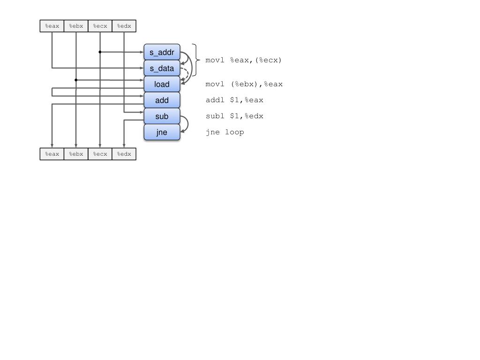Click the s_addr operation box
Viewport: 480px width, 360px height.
[162, 52]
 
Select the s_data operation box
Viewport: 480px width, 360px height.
[162, 68]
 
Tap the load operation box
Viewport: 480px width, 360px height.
[162, 84]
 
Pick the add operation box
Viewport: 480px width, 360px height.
[162, 100]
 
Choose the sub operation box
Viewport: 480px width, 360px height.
[162, 116]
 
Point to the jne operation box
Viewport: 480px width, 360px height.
[162, 132]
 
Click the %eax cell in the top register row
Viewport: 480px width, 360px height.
[52, 26]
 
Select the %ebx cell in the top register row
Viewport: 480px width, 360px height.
[76, 26]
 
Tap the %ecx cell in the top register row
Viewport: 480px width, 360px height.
[100, 26]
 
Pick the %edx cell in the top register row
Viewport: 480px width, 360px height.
[124, 26]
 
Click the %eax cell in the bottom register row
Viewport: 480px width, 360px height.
[52, 154]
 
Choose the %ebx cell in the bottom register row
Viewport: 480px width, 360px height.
[76, 154]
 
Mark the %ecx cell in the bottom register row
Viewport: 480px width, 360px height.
[100, 154]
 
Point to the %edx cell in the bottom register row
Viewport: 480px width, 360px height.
[124, 154]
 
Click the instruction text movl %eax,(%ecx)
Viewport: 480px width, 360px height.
[244, 60]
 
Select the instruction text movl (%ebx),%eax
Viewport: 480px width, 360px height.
[244, 84]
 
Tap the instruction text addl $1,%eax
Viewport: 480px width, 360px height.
[234, 100]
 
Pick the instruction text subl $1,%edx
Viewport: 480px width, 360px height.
[234, 116]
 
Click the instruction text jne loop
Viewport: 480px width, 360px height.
[225, 132]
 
